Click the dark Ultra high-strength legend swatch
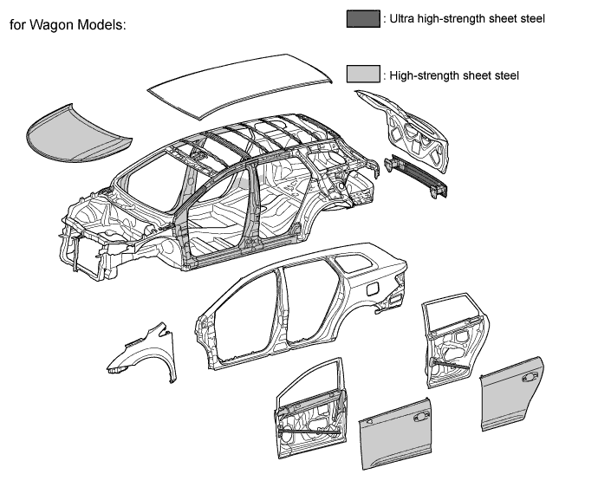363,19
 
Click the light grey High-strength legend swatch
363,75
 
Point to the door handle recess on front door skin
423,417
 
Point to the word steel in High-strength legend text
504,75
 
